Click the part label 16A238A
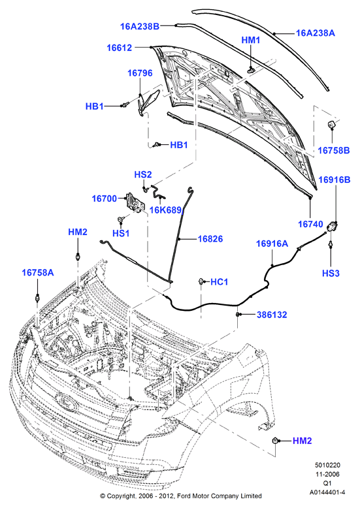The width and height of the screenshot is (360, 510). click(x=315, y=33)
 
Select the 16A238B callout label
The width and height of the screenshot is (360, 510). click(x=140, y=26)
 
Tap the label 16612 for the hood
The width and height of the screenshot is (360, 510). click(x=120, y=48)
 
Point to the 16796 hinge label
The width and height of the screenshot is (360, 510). click(x=140, y=73)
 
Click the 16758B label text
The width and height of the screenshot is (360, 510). click(x=334, y=150)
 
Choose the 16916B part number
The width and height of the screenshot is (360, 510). click(x=335, y=180)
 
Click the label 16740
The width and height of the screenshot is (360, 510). click(x=310, y=224)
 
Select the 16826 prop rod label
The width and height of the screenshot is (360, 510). click(x=210, y=239)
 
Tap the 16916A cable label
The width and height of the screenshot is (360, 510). click(x=272, y=244)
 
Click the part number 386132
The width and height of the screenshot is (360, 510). click(x=272, y=315)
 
